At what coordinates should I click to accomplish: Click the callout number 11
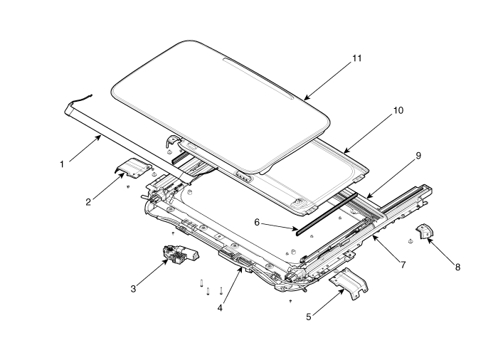tap(357, 58)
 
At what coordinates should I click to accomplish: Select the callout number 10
tap(398, 110)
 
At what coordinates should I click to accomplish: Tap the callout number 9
tap(418, 156)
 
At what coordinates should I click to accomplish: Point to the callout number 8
tap(457, 268)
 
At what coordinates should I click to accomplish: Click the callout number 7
tap(403, 265)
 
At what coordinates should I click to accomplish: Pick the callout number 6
tap(257, 223)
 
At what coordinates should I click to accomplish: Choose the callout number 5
tap(309, 317)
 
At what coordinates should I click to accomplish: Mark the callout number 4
tap(220, 308)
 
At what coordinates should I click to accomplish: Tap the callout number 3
tap(134, 289)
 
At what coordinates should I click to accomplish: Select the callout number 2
tap(88, 202)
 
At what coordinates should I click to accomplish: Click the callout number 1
tap(62, 164)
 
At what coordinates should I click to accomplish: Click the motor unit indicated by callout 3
tap(180, 254)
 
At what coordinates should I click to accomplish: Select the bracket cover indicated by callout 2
tap(133, 168)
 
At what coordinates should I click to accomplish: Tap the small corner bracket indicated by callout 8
tap(424, 231)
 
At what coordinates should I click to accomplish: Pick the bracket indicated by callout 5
tap(349, 282)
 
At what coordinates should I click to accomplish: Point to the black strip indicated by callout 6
tap(327, 214)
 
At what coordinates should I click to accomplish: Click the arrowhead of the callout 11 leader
tap(304, 99)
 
